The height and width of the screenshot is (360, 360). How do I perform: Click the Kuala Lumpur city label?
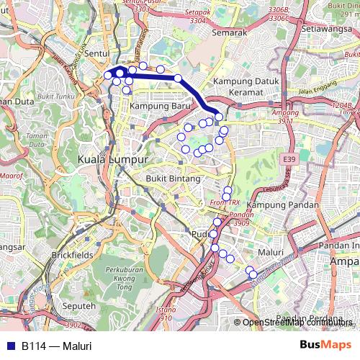coord(112,159)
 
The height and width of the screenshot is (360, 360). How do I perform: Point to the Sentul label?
coord(96,53)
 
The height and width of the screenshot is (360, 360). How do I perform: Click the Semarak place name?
coord(230,32)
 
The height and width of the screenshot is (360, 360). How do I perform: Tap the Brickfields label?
coord(73,255)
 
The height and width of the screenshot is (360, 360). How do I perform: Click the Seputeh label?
coord(80,306)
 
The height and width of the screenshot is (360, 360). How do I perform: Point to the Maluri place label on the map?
coord(270,253)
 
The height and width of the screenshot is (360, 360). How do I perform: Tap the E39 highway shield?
coord(289,159)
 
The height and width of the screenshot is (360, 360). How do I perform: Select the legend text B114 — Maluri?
coord(56,346)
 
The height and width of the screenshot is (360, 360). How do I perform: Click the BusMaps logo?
coord(325,346)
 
